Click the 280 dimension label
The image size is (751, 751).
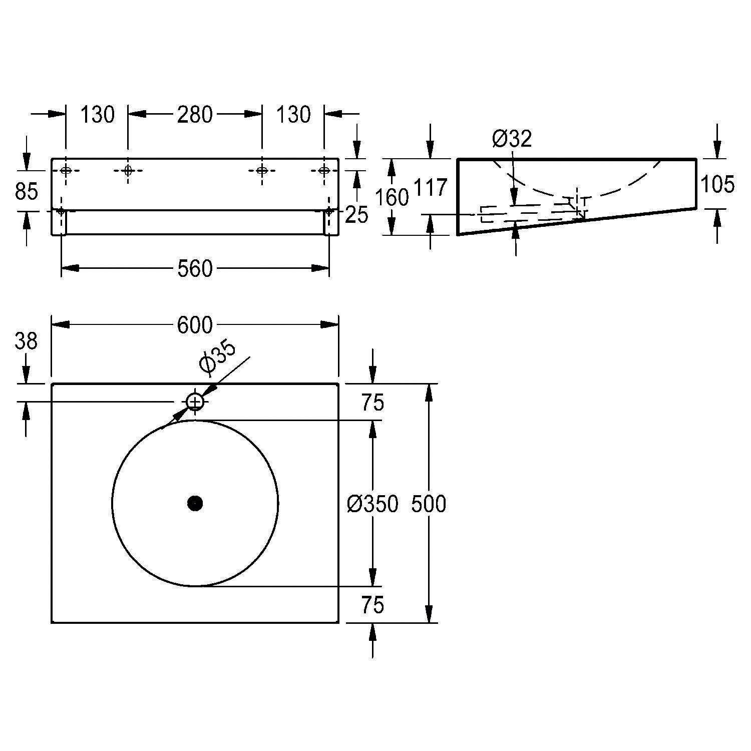click(x=195, y=115)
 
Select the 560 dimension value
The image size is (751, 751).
click(x=195, y=269)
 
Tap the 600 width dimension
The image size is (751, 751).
click(x=195, y=325)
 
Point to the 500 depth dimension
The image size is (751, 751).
click(x=429, y=504)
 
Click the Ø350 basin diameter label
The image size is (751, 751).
click(x=372, y=504)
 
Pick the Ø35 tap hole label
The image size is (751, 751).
click(x=217, y=358)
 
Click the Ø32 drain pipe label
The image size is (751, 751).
click(x=511, y=139)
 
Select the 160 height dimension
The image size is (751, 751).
click(x=392, y=198)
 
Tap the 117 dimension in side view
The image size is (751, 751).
click(x=430, y=188)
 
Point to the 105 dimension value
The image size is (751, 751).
click(x=717, y=185)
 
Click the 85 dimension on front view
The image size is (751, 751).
click(x=26, y=191)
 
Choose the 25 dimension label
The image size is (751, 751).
click(x=356, y=215)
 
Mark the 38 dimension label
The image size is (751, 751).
click(x=26, y=341)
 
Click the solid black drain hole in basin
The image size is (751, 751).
click(x=195, y=503)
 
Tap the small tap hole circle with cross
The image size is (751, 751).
click(x=195, y=402)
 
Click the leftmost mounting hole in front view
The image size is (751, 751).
click(x=66, y=170)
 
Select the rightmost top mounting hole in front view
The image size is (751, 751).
click(x=324, y=170)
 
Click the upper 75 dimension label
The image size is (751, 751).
click(x=372, y=403)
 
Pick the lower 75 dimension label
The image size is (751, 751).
click(x=372, y=605)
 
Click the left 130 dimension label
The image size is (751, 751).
click(x=98, y=115)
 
